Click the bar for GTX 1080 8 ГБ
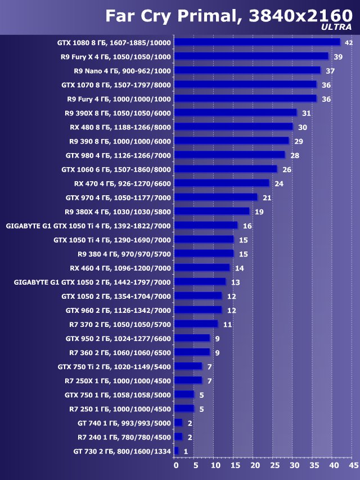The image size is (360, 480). pyautogui.click(x=258, y=42)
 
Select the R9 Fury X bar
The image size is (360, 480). pyautogui.click(x=252, y=56)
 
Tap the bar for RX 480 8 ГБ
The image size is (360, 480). pyautogui.click(x=234, y=127)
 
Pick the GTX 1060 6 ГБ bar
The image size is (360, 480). pyautogui.click(x=226, y=169)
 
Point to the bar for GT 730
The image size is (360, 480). pyautogui.click(x=177, y=451)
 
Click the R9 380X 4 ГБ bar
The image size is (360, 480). pyautogui.click(x=212, y=211)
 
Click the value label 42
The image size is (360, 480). pyautogui.click(x=348, y=43)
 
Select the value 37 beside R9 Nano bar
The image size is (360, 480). pyautogui.click(x=330, y=71)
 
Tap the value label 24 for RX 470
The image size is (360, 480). pyautogui.click(x=278, y=183)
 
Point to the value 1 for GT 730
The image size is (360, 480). pyautogui.click(x=186, y=451)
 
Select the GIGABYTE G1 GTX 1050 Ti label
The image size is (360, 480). pyautogui.click(x=88, y=226)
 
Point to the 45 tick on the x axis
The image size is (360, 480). pyautogui.click(x=353, y=466)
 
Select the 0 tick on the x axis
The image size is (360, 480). pyautogui.click(x=175, y=466)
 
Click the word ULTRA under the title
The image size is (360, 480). pyautogui.click(x=336, y=26)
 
